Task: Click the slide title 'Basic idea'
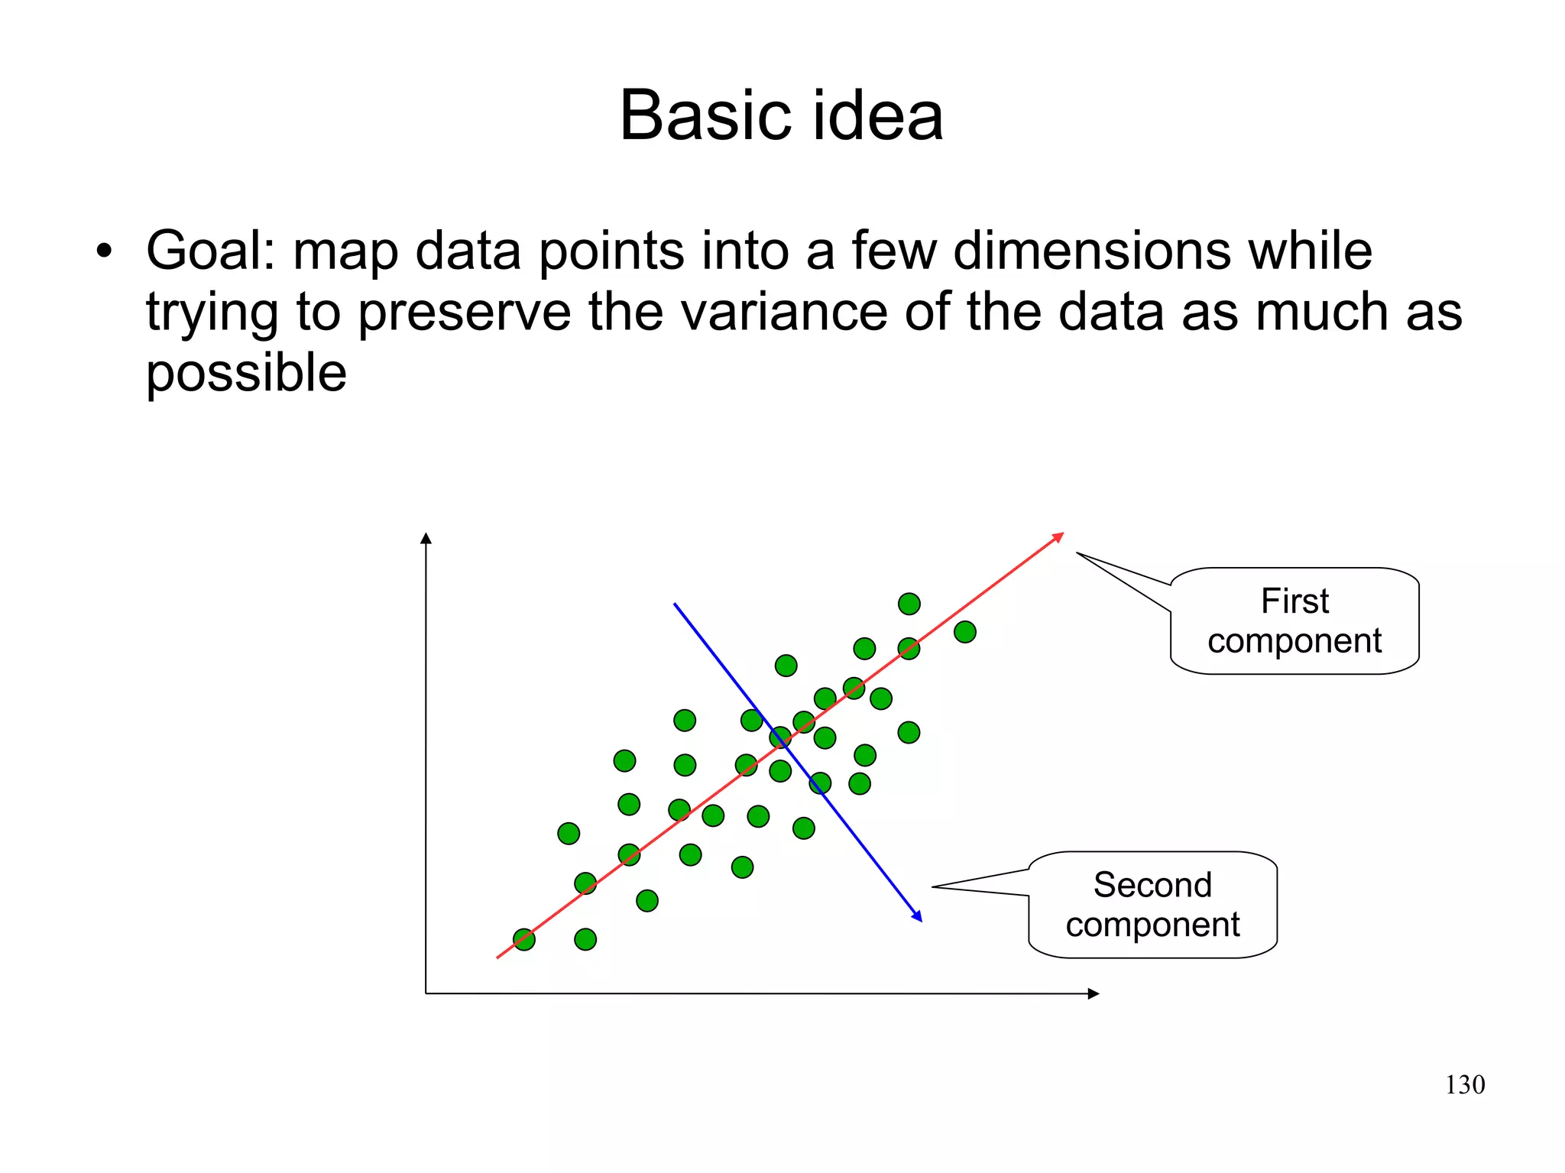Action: [x=781, y=115]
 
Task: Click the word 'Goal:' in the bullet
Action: [x=210, y=251]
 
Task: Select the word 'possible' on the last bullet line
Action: [x=246, y=373]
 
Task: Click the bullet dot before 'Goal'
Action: [x=105, y=251]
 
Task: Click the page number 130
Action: [x=1464, y=1084]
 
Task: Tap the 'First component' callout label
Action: [x=1294, y=621]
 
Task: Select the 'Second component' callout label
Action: [x=1152, y=905]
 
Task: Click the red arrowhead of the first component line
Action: [x=1059, y=536]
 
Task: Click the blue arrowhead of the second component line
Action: [x=919, y=917]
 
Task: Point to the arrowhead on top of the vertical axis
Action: [x=426, y=537]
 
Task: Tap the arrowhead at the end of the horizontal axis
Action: [x=1094, y=993]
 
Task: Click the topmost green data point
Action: [x=909, y=604]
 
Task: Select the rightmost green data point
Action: [x=965, y=632]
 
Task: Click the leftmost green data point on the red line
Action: [x=524, y=939]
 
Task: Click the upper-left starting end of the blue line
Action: [x=675, y=604]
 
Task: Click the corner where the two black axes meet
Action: [x=426, y=993]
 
